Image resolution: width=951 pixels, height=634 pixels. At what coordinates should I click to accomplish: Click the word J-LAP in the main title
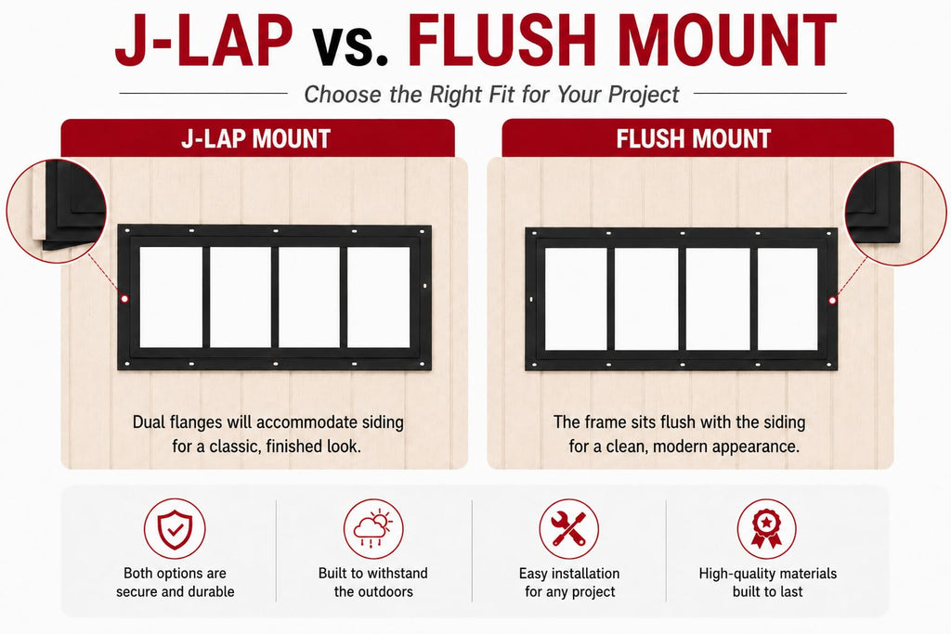203,40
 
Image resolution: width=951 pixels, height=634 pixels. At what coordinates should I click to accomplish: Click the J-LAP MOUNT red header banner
257,138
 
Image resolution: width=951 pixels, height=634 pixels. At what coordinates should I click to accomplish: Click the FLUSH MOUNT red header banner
697,138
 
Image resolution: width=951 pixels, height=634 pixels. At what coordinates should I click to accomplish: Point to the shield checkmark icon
175,528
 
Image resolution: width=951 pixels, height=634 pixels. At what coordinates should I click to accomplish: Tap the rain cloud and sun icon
373,528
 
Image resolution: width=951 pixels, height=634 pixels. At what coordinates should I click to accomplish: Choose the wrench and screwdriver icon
569,528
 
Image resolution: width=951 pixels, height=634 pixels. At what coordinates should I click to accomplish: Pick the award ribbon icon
766,528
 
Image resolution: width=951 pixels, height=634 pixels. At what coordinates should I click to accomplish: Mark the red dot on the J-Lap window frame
124,298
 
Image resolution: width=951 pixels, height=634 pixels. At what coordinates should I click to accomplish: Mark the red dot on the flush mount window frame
833,300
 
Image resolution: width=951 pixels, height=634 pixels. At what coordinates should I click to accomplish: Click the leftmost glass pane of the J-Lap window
171,297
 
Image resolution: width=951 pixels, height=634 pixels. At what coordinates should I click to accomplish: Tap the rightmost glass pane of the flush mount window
788,299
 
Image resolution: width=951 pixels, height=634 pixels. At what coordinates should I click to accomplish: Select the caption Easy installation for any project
569,582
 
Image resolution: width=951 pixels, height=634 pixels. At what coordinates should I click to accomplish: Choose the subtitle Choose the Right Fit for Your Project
491,95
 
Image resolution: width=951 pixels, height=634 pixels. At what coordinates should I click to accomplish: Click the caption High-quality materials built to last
767,582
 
